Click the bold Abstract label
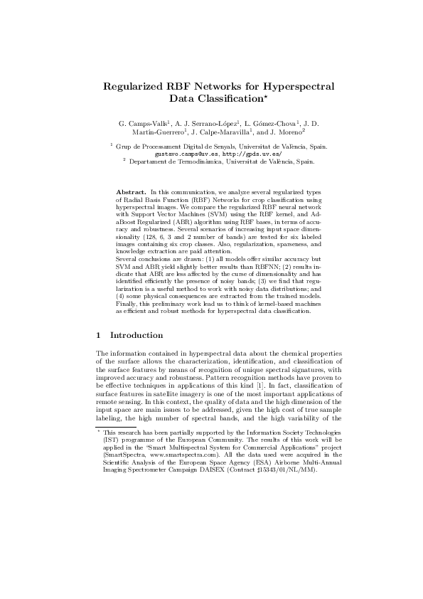[x=130, y=193]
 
